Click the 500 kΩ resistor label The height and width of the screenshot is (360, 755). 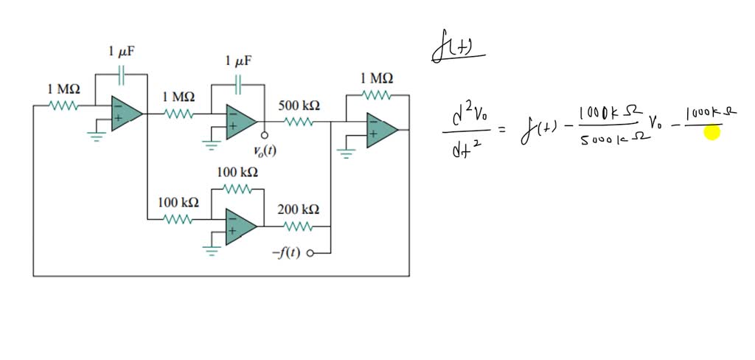[x=299, y=105]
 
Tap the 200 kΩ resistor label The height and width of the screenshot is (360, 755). [x=299, y=210]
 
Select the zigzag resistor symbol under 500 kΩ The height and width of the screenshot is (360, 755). [x=299, y=121]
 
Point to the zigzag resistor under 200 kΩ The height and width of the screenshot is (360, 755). [x=299, y=226]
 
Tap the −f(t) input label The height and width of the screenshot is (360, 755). [x=287, y=253]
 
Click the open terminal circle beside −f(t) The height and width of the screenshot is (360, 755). [x=310, y=253]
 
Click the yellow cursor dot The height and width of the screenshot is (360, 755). [x=711, y=133]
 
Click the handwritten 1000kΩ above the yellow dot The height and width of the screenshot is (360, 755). [x=711, y=113]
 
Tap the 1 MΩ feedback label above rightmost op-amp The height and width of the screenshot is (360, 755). [x=377, y=78]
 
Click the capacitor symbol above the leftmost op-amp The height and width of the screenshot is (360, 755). [x=122, y=74]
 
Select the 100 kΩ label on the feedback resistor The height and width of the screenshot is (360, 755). [x=237, y=173]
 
